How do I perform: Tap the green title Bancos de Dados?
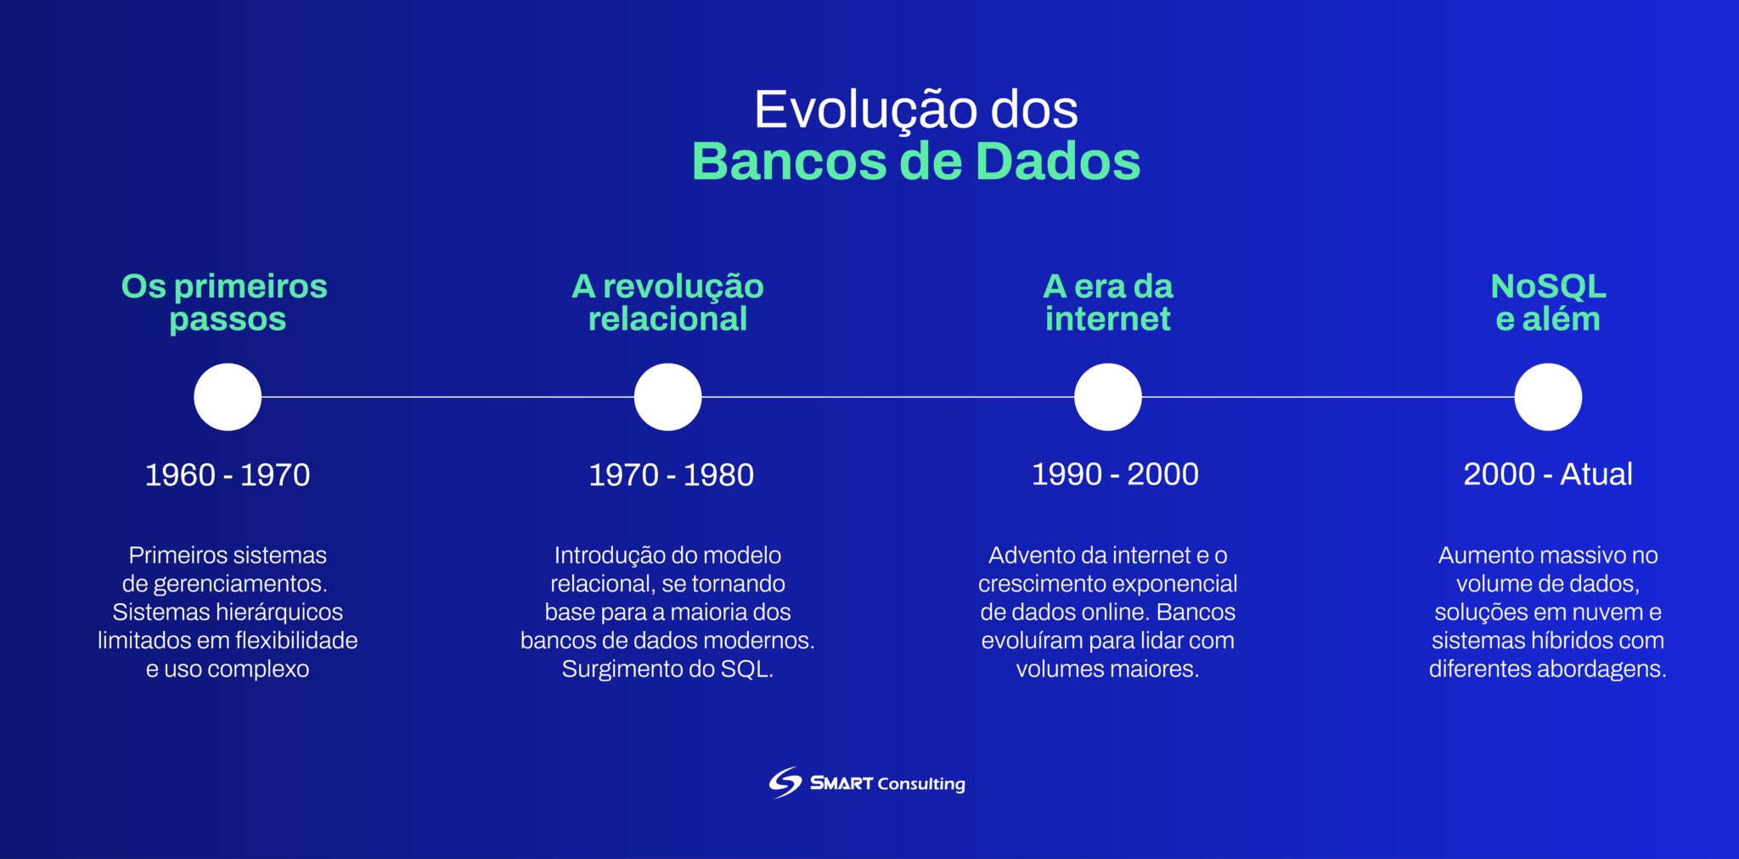click(915, 161)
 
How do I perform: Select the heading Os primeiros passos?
click(225, 302)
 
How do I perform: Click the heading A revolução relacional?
click(667, 302)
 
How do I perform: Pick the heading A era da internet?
click(1107, 302)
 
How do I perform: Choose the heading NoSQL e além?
click(1548, 302)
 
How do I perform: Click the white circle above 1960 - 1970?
click(228, 397)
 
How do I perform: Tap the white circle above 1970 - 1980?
click(667, 397)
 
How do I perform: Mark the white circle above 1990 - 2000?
click(1107, 397)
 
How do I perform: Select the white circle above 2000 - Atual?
click(1548, 397)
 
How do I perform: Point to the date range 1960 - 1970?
click(228, 475)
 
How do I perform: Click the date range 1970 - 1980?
click(671, 475)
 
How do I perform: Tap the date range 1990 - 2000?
click(1114, 474)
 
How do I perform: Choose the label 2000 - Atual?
click(1548, 474)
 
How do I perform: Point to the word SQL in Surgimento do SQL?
click(746, 670)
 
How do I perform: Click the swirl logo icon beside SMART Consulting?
click(785, 783)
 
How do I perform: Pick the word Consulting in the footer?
click(921, 783)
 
